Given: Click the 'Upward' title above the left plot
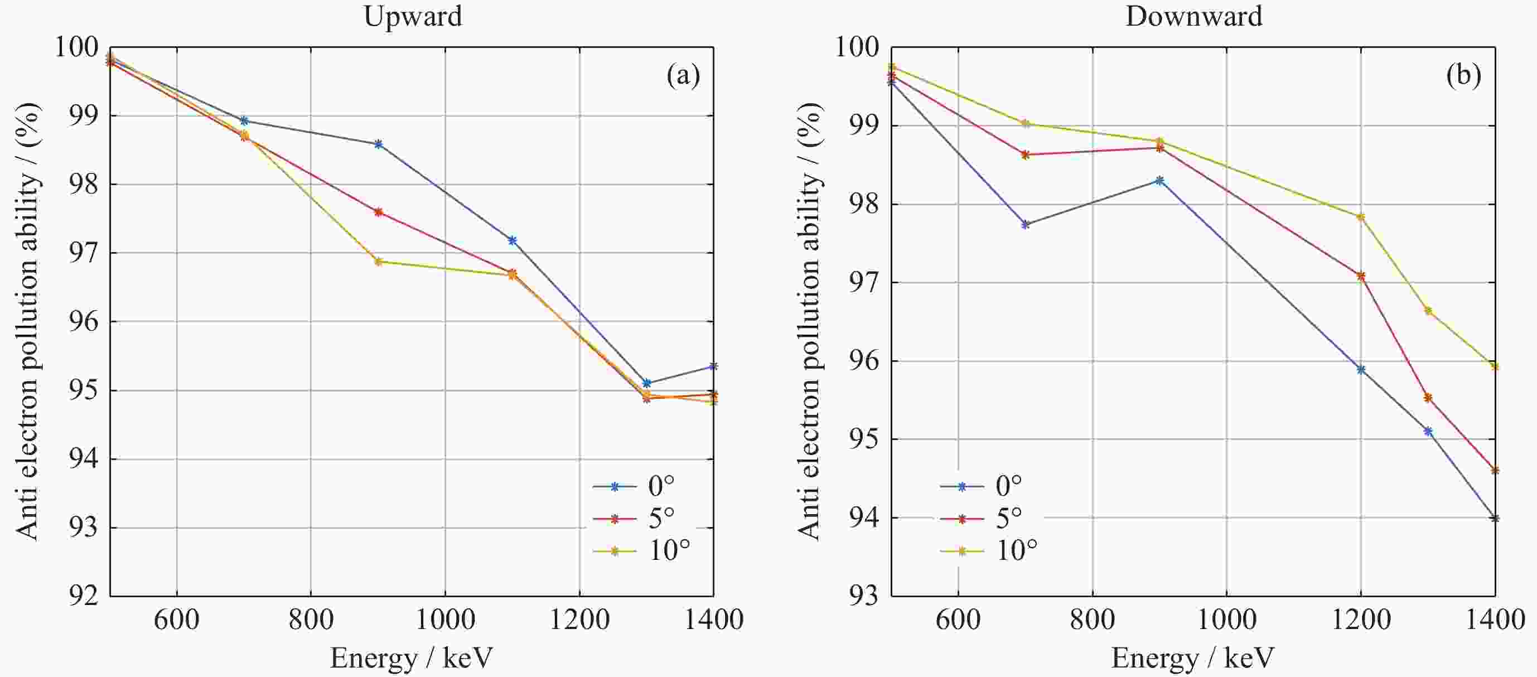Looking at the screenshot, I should pyautogui.click(x=413, y=16).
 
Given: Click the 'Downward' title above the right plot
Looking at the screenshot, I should pyautogui.click(x=1194, y=16).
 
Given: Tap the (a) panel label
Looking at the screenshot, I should pyautogui.click(x=683, y=76).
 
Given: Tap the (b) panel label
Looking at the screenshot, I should pyautogui.click(x=1463, y=76).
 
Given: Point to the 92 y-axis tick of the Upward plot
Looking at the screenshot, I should pyautogui.click(x=83, y=595).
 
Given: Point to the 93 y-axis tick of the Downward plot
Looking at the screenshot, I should pyautogui.click(x=864, y=595).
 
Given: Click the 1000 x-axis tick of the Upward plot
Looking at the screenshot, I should pyautogui.click(x=445, y=620).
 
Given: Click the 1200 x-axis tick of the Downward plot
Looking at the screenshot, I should pyautogui.click(x=1361, y=620).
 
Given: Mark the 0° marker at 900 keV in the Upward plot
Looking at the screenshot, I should pyautogui.click(x=378, y=144).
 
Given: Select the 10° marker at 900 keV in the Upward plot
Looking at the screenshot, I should pyautogui.click(x=378, y=261).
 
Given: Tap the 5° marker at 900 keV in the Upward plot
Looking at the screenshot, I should pyautogui.click(x=378, y=212).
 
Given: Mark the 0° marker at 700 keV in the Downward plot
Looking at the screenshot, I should pyautogui.click(x=1026, y=225).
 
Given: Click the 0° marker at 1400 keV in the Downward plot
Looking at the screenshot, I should pyautogui.click(x=1495, y=518).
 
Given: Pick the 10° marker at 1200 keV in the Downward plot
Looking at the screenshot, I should pyautogui.click(x=1361, y=216).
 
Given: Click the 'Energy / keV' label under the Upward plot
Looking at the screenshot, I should pyautogui.click(x=412, y=659).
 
